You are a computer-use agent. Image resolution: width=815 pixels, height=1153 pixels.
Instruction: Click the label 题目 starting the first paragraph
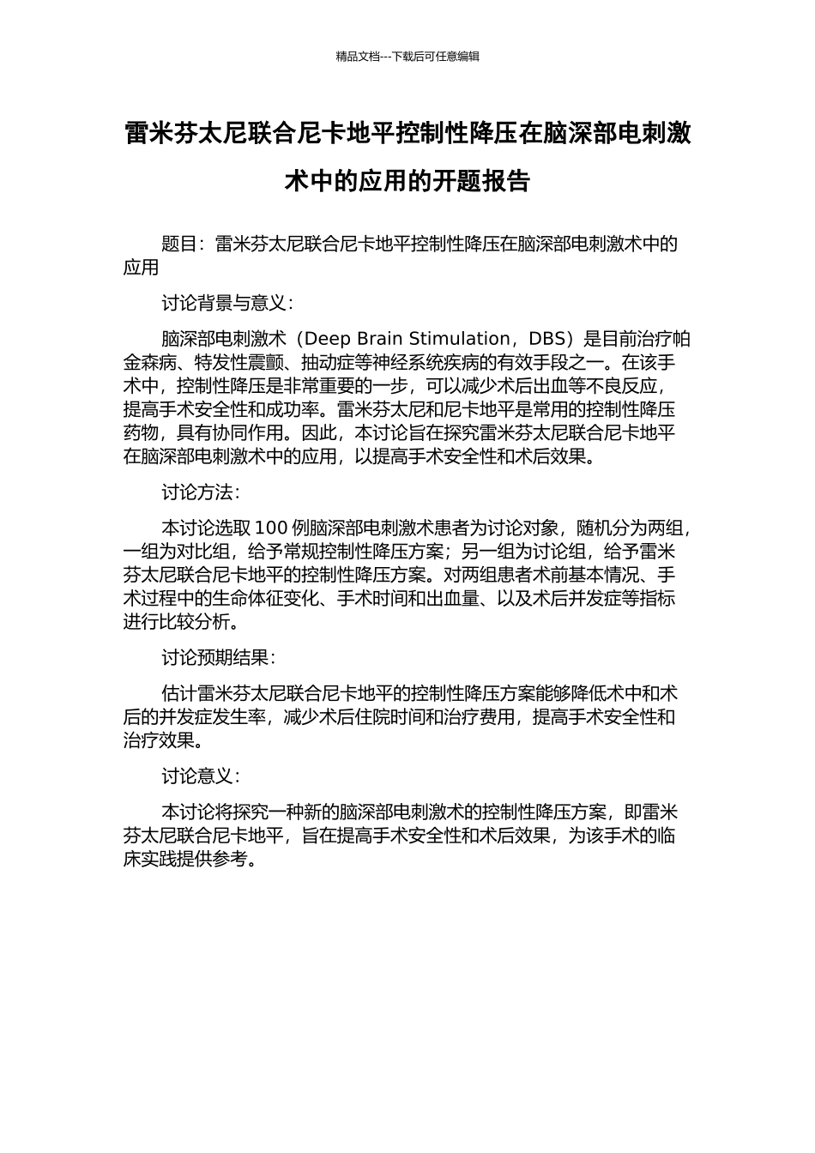pos(179,244)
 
